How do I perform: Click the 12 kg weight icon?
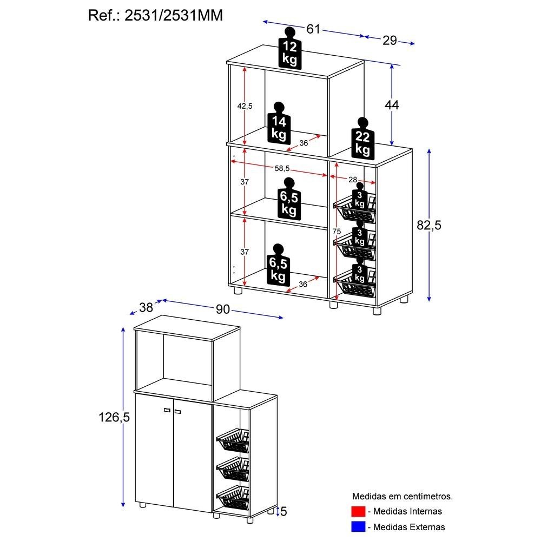pyautogui.click(x=290, y=49)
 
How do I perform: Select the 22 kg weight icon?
pyautogui.click(x=362, y=139)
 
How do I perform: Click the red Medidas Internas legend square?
pyautogui.click(x=358, y=511)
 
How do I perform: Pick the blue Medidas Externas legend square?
pyautogui.click(x=358, y=526)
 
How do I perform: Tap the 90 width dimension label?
pyautogui.click(x=223, y=309)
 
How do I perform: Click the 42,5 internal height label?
pyautogui.click(x=245, y=106)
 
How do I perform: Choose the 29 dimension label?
pyautogui.click(x=390, y=40)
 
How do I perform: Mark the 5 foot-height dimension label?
pyautogui.click(x=283, y=511)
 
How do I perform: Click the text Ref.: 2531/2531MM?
pyautogui.click(x=155, y=15)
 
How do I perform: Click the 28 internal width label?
pyautogui.click(x=353, y=179)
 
